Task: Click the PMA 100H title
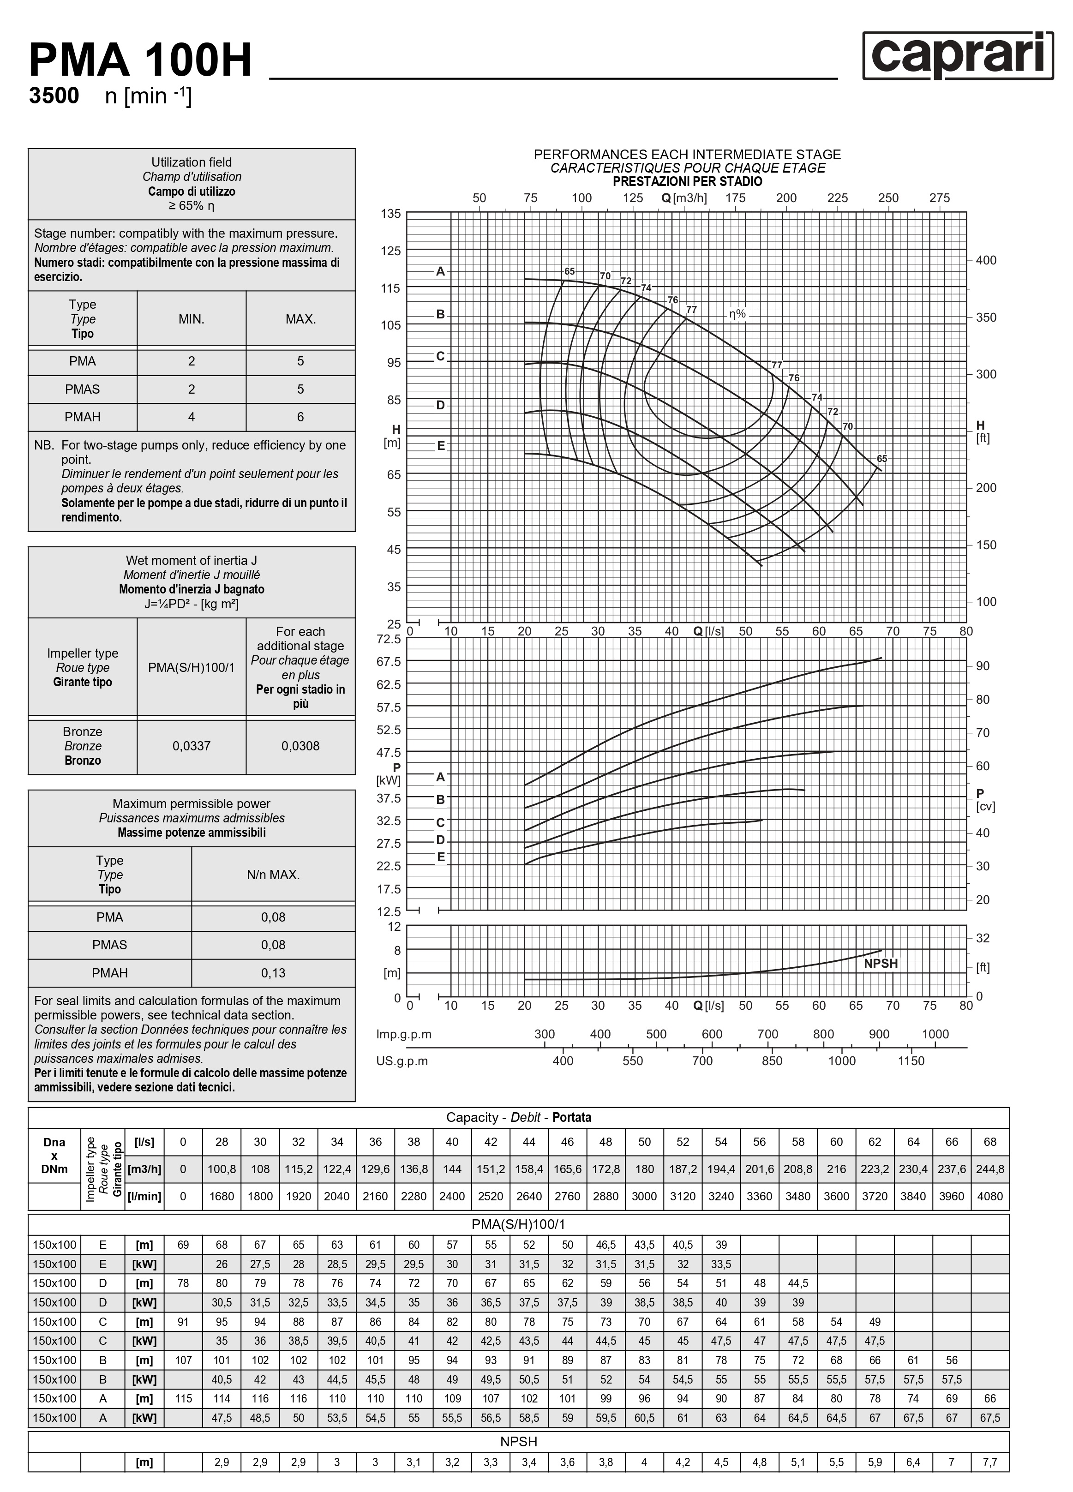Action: [x=140, y=60]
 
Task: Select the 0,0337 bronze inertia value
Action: [x=192, y=746]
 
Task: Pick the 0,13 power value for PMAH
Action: [x=273, y=972]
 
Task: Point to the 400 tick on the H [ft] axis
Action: [x=985, y=260]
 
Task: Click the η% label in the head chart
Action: [x=737, y=314]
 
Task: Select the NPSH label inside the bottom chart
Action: [x=880, y=963]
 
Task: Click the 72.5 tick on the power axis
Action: [x=388, y=639]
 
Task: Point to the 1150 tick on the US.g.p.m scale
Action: [x=911, y=1061]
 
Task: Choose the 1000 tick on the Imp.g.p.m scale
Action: [x=935, y=1034]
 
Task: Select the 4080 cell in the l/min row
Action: [x=989, y=1196]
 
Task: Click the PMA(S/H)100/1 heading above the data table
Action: [x=518, y=1224]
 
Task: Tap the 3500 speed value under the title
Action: [x=54, y=96]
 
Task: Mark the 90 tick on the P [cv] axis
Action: [x=982, y=666]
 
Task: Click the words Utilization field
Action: [x=192, y=162]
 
